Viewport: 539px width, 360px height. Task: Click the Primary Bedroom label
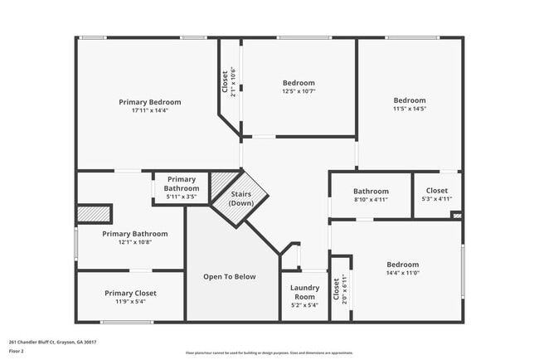(149, 102)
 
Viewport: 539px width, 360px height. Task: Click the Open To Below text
(230, 277)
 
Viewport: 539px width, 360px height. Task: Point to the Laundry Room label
(304, 292)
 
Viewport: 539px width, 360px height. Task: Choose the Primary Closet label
(130, 293)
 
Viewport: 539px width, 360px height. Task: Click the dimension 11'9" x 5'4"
(130, 303)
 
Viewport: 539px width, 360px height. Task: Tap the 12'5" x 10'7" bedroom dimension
(299, 91)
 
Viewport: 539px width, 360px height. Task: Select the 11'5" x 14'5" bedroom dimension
(409, 109)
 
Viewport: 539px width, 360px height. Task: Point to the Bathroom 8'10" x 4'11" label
(371, 192)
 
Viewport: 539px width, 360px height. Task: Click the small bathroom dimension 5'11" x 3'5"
(181, 197)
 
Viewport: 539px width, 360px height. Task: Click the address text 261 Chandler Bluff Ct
(52, 342)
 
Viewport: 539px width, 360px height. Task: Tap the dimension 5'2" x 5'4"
(304, 305)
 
